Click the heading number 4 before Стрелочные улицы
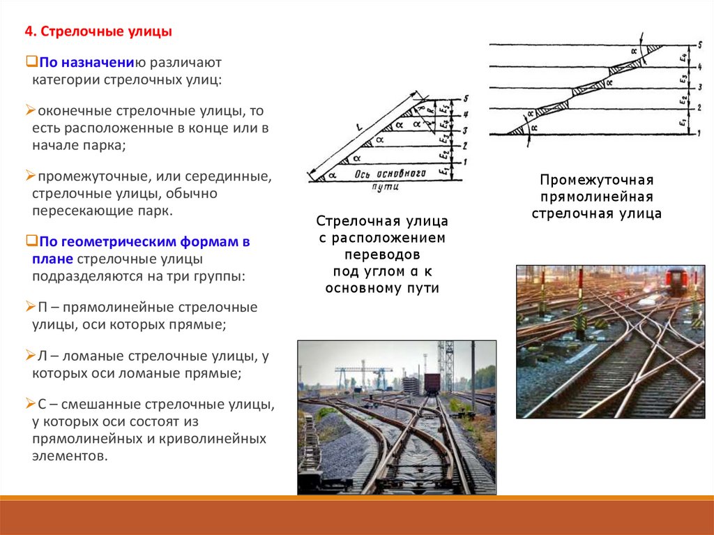pyautogui.click(x=29, y=32)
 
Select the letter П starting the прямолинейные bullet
pyautogui.click(x=41, y=307)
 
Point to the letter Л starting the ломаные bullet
pyautogui.click(x=41, y=356)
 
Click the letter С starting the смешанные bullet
pyautogui.click(x=41, y=405)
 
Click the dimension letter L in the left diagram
pyautogui.click(x=357, y=128)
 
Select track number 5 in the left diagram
pyautogui.click(x=465, y=99)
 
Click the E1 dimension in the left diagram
pyautogui.click(x=443, y=169)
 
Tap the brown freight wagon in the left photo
pyautogui.click(x=432, y=383)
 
